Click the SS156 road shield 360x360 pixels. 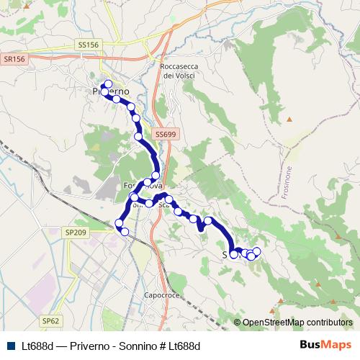(x=87, y=45)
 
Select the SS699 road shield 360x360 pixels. (x=164, y=134)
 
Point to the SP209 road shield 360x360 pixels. (x=75, y=233)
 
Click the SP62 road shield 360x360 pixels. (x=49, y=320)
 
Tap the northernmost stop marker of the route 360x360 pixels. (x=107, y=84)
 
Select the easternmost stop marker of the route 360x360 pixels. (x=256, y=251)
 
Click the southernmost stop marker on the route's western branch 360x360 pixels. (x=125, y=231)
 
